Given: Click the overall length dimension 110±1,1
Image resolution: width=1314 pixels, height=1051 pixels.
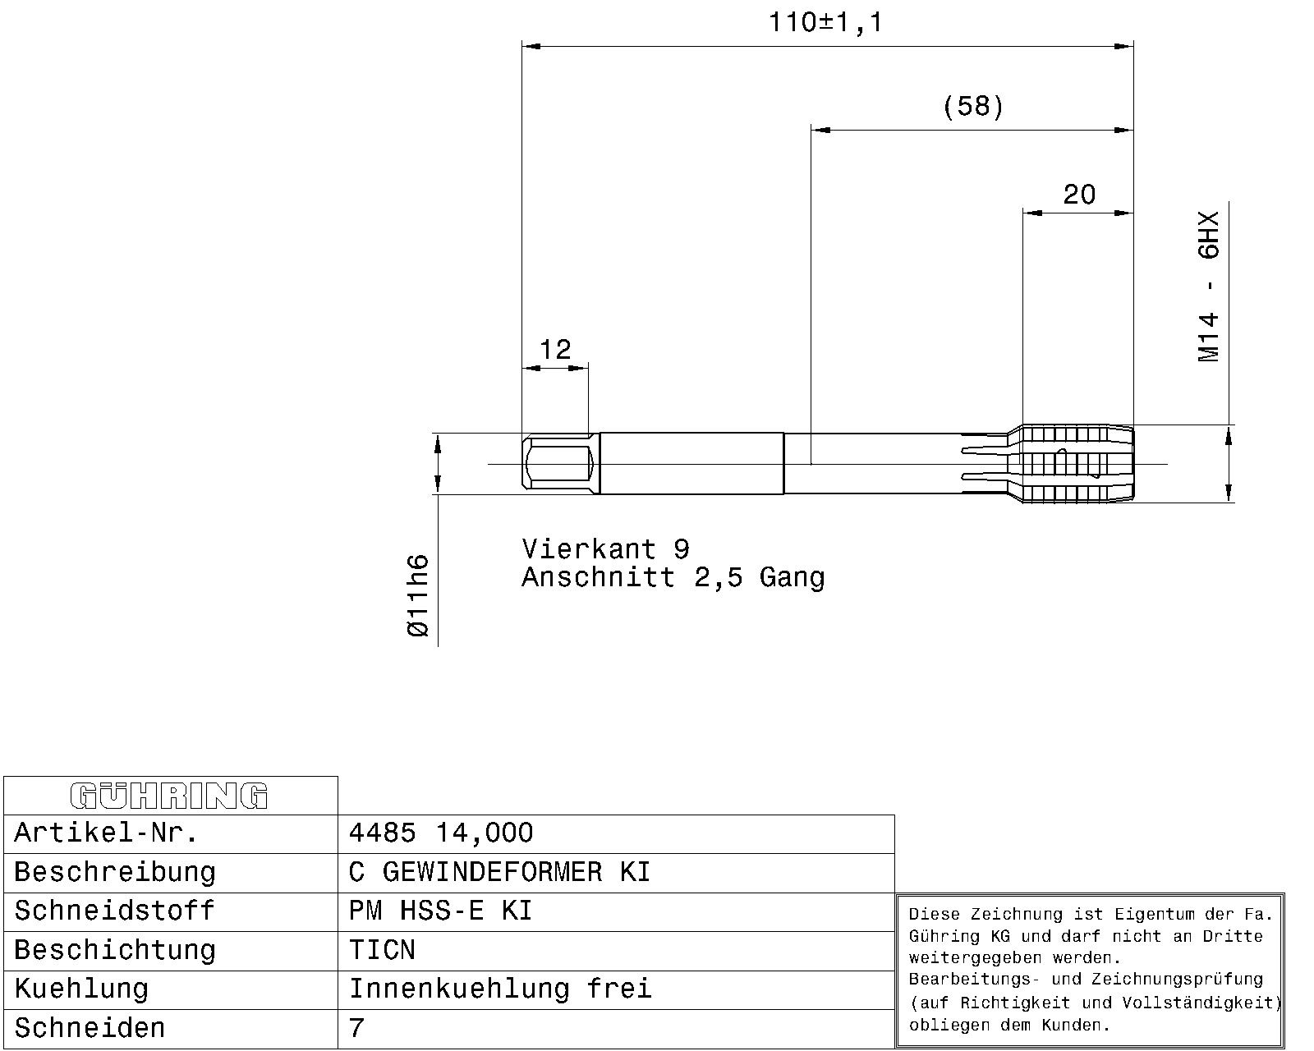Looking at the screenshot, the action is [x=825, y=23].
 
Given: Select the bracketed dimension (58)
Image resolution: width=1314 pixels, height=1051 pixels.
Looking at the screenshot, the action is [x=973, y=106].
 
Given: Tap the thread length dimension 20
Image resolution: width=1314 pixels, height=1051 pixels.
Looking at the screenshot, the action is [x=1079, y=195].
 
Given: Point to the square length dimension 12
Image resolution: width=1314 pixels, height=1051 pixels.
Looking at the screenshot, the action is [x=555, y=349].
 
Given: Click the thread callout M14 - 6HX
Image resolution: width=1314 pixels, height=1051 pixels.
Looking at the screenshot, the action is [x=1209, y=287].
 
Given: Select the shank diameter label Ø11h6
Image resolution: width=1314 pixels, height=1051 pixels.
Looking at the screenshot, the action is [x=418, y=596].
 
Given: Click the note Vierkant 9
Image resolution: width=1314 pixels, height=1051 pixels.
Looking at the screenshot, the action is [x=606, y=549].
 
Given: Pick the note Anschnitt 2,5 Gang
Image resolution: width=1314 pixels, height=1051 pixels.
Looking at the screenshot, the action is [x=673, y=577].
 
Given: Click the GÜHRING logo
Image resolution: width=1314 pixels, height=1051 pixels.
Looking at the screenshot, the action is [x=169, y=796].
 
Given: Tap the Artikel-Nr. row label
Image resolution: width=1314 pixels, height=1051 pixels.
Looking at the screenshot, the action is [x=106, y=833].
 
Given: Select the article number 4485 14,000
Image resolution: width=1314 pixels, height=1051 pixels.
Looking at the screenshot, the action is [x=441, y=833].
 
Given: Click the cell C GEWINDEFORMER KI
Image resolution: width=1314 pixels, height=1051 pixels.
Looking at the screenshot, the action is [x=499, y=872].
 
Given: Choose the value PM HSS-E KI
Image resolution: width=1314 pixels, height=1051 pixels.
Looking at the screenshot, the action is [x=440, y=911].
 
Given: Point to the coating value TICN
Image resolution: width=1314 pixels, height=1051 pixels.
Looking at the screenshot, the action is [x=382, y=950].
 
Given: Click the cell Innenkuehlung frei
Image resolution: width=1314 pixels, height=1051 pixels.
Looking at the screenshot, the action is [x=500, y=989].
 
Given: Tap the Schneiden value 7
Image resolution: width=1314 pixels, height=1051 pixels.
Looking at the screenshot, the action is [x=356, y=1028].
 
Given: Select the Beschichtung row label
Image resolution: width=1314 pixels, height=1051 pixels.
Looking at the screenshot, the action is [x=115, y=951].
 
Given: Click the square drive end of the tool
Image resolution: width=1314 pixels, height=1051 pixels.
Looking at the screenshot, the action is [x=561, y=464].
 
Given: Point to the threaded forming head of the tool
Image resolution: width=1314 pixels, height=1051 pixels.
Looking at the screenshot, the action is [x=1077, y=464].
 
